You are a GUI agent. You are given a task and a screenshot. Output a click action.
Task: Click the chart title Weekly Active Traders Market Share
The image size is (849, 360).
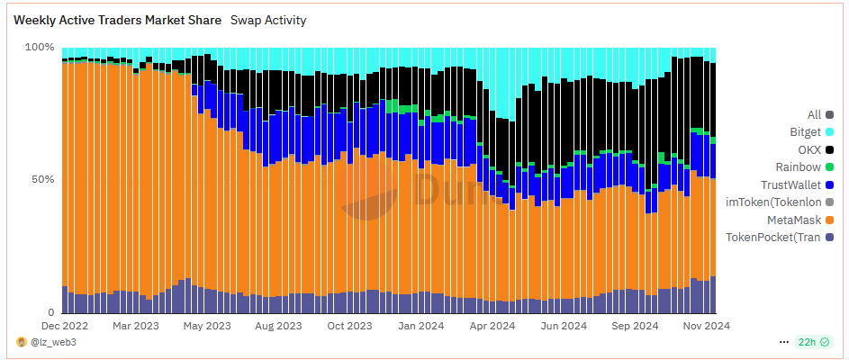(x=117, y=20)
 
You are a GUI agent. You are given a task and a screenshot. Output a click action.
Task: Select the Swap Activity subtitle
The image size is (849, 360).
(x=268, y=20)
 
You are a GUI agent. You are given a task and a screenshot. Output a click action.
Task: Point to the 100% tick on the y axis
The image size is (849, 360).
(x=40, y=47)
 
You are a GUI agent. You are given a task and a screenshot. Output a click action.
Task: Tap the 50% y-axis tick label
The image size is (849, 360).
(x=42, y=179)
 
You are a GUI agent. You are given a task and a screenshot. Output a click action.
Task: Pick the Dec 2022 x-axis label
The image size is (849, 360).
(x=66, y=326)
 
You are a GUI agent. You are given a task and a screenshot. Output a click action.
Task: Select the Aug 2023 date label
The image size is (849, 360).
(x=277, y=326)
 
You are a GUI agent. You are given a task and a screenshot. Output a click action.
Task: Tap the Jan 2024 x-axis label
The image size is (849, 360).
(x=420, y=326)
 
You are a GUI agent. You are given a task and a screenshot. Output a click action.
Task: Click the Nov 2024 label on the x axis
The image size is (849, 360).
(x=704, y=326)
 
